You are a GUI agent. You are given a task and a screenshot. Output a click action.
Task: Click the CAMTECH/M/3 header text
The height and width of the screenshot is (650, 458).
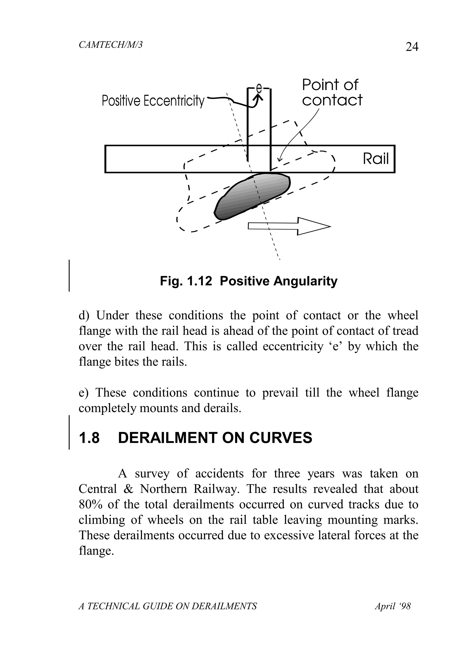[110, 45]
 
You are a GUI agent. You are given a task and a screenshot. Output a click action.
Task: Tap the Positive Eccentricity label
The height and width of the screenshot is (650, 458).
[153, 101]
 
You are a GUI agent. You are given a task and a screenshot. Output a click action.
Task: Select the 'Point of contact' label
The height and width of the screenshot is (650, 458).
[332, 93]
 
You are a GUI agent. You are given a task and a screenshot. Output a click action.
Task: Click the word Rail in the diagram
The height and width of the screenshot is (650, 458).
[376, 159]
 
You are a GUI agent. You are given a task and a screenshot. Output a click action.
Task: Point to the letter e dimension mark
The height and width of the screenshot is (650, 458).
[259, 88]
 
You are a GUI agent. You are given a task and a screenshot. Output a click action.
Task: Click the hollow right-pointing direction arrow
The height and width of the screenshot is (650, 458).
[289, 226]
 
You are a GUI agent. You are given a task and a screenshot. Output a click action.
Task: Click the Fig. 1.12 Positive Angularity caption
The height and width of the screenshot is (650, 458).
[248, 281]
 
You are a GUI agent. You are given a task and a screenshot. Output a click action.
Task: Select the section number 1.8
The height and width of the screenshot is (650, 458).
[89, 438]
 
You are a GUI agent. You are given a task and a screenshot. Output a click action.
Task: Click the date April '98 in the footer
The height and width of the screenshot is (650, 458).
[393, 606]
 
